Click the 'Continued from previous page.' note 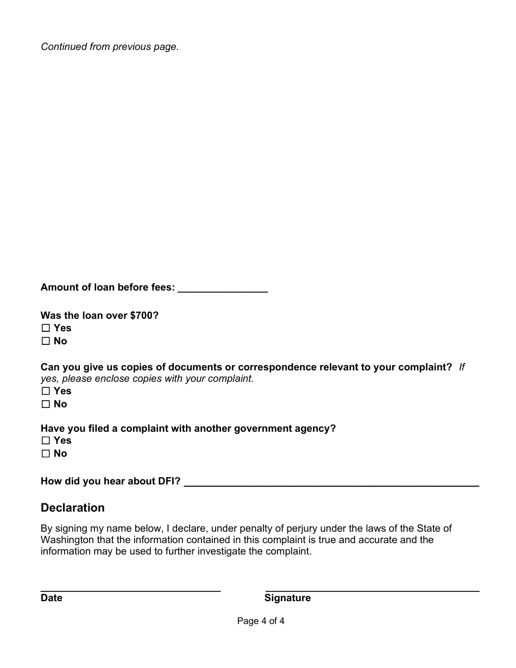click(109, 47)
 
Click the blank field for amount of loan click(223, 288)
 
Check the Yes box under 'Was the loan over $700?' click(46, 328)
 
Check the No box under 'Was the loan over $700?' click(46, 342)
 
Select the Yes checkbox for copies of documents click(46, 391)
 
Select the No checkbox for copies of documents click(46, 405)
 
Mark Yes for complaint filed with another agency click(46, 440)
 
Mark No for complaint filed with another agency click(46, 454)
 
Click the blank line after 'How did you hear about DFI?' click(331, 482)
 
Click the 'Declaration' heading click(72, 508)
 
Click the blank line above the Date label click(130, 588)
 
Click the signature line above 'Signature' click(372, 588)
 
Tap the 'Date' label click(52, 598)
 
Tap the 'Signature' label click(287, 598)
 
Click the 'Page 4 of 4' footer click(261, 621)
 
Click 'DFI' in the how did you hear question click(168, 481)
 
